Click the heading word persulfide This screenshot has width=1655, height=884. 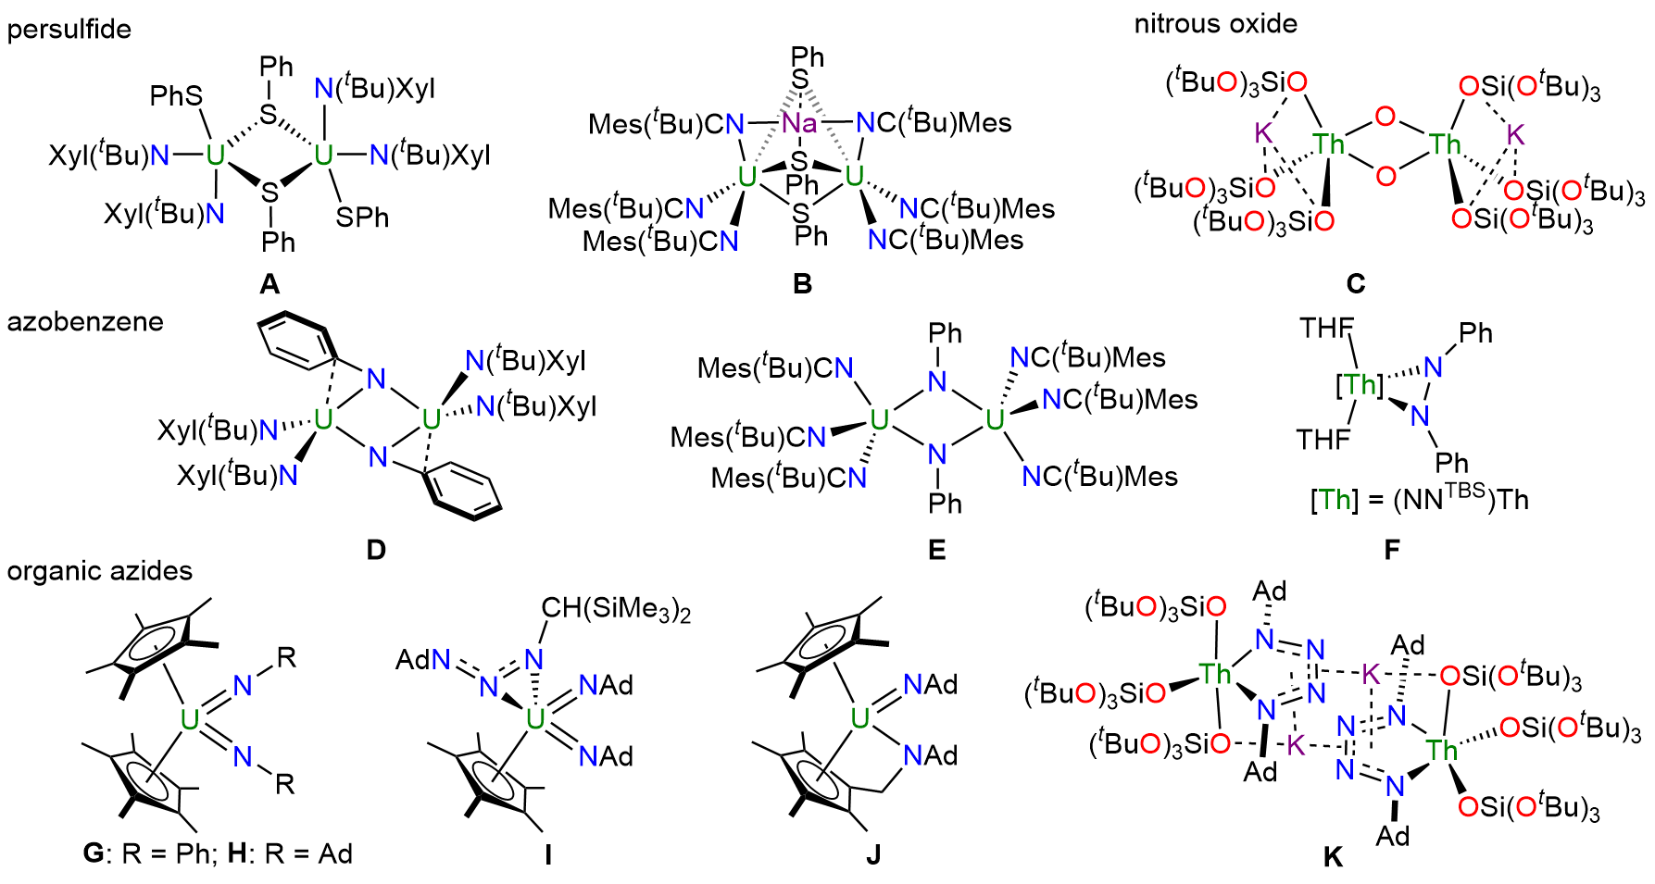click(69, 30)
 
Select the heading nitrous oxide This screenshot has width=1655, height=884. click(1215, 24)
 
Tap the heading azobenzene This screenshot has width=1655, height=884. click(85, 322)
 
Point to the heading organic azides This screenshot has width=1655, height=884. click(100, 571)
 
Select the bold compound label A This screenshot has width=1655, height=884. click(270, 283)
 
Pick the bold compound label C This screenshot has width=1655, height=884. click(1356, 283)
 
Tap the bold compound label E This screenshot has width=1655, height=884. click(937, 551)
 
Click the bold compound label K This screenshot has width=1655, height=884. click(1333, 857)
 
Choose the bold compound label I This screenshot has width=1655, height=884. click(548, 854)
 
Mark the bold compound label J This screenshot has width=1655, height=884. click(873, 854)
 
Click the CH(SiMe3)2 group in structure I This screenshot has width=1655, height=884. click(616, 609)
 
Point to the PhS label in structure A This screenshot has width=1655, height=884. click(176, 96)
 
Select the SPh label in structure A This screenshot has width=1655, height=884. click(362, 218)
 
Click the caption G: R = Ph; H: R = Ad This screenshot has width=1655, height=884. click(218, 853)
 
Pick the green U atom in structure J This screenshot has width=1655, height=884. click(859, 718)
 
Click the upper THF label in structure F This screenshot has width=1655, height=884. click(1326, 328)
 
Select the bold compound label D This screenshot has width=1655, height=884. click(376, 551)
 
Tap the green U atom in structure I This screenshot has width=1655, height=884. click(534, 719)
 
